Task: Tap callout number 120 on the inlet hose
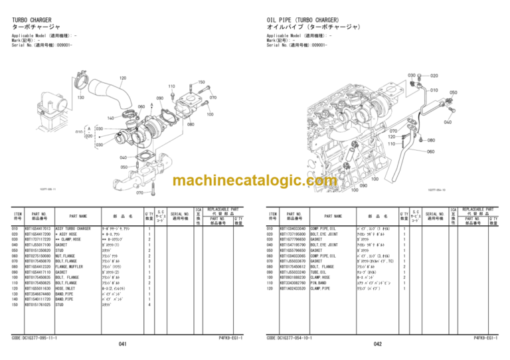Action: tap(122, 78)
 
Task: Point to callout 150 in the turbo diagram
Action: tap(201, 82)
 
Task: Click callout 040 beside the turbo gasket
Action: tap(124, 157)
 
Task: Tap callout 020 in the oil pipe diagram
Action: tap(434, 76)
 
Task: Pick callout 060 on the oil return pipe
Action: tap(430, 151)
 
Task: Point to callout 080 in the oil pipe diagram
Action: tap(431, 140)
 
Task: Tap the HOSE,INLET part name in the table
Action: tap(67, 289)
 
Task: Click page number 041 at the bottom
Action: tap(122, 345)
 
